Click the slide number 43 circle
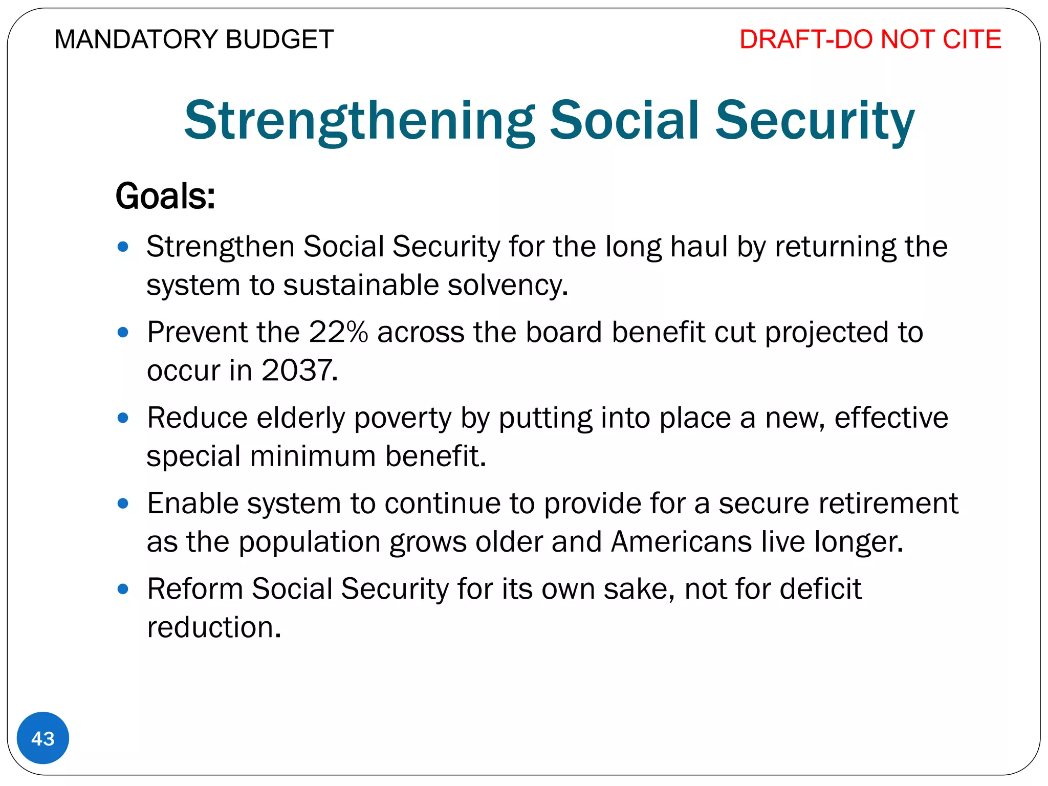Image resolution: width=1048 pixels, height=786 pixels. tap(43, 738)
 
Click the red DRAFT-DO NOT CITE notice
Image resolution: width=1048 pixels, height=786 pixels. tap(870, 39)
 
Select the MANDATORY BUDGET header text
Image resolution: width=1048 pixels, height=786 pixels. tap(194, 39)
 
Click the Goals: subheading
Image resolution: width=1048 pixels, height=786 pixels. tap(165, 196)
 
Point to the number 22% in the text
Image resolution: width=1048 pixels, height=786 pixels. tap(338, 332)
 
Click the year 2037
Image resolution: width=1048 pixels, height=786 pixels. tap(299, 370)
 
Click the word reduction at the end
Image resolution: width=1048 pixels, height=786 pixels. tap(213, 627)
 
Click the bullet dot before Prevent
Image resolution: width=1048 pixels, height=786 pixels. tap(123, 333)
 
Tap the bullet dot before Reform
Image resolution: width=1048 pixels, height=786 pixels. tap(123, 589)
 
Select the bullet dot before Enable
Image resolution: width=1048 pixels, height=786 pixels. tap(123, 504)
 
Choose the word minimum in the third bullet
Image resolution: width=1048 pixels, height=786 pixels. tap(313, 456)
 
